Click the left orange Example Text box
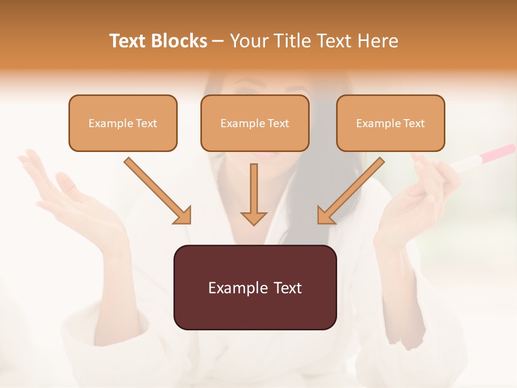(x=123, y=123)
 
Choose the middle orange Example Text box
(x=255, y=123)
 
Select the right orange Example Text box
(x=390, y=123)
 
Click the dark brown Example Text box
(x=255, y=287)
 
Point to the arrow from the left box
(x=158, y=191)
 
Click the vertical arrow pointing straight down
(x=254, y=195)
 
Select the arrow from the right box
(x=351, y=191)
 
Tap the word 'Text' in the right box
(x=414, y=123)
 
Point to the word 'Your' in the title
(x=249, y=41)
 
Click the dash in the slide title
(x=218, y=41)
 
